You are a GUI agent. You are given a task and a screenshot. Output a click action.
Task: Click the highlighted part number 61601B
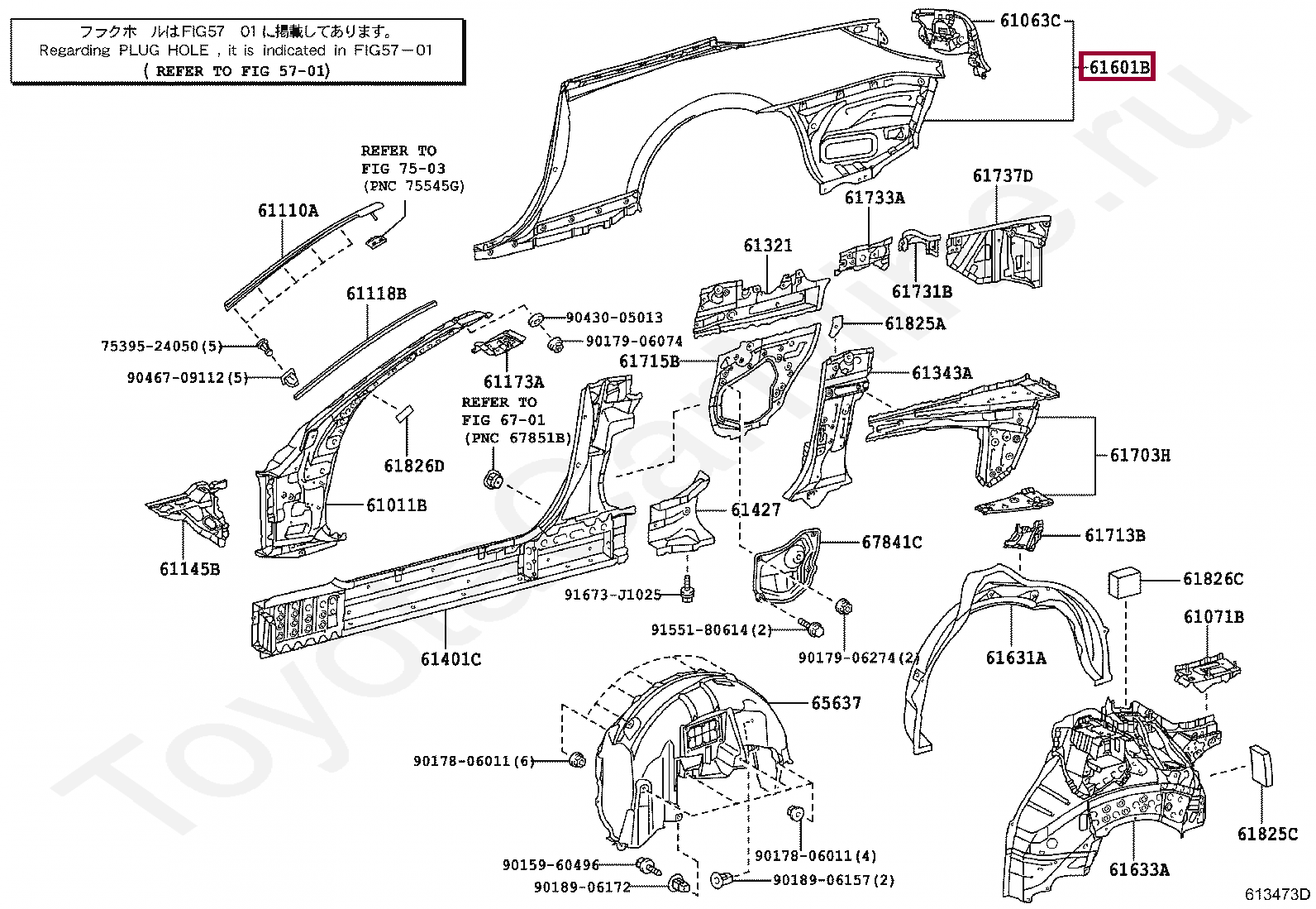tap(1119, 67)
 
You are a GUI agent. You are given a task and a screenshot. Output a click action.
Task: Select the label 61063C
tap(1031, 21)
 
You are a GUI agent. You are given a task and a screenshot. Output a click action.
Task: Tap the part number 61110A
tap(288, 210)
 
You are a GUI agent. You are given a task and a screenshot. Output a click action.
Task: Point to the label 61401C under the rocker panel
tap(451, 659)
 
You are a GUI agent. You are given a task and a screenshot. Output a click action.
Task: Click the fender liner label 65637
tap(836, 702)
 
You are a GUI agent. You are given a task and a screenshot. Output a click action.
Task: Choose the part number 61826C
tap(1213, 578)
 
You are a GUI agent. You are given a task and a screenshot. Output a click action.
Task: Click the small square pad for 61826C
tap(1124, 582)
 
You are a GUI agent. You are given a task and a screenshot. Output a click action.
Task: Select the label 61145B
tap(190, 568)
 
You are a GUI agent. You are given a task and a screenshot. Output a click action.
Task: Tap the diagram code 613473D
tap(1277, 894)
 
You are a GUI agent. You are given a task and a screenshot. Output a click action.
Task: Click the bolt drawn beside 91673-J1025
tap(687, 589)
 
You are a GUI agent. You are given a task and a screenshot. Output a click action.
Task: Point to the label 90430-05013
tap(614, 318)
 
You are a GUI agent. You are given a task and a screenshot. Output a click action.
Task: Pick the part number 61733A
tap(875, 198)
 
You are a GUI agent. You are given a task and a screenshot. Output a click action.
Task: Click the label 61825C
tap(1267, 834)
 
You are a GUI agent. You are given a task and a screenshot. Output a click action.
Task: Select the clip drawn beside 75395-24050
tap(266, 347)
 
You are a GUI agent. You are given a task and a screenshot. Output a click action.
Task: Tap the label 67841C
tap(892, 542)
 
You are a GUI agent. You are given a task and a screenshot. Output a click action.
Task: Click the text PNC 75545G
tap(414, 186)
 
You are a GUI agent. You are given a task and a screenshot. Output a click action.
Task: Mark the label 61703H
tap(1140, 455)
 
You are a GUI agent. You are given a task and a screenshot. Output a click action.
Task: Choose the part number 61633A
tap(1139, 869)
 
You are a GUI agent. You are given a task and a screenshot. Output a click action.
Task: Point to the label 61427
tap(756, 510)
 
